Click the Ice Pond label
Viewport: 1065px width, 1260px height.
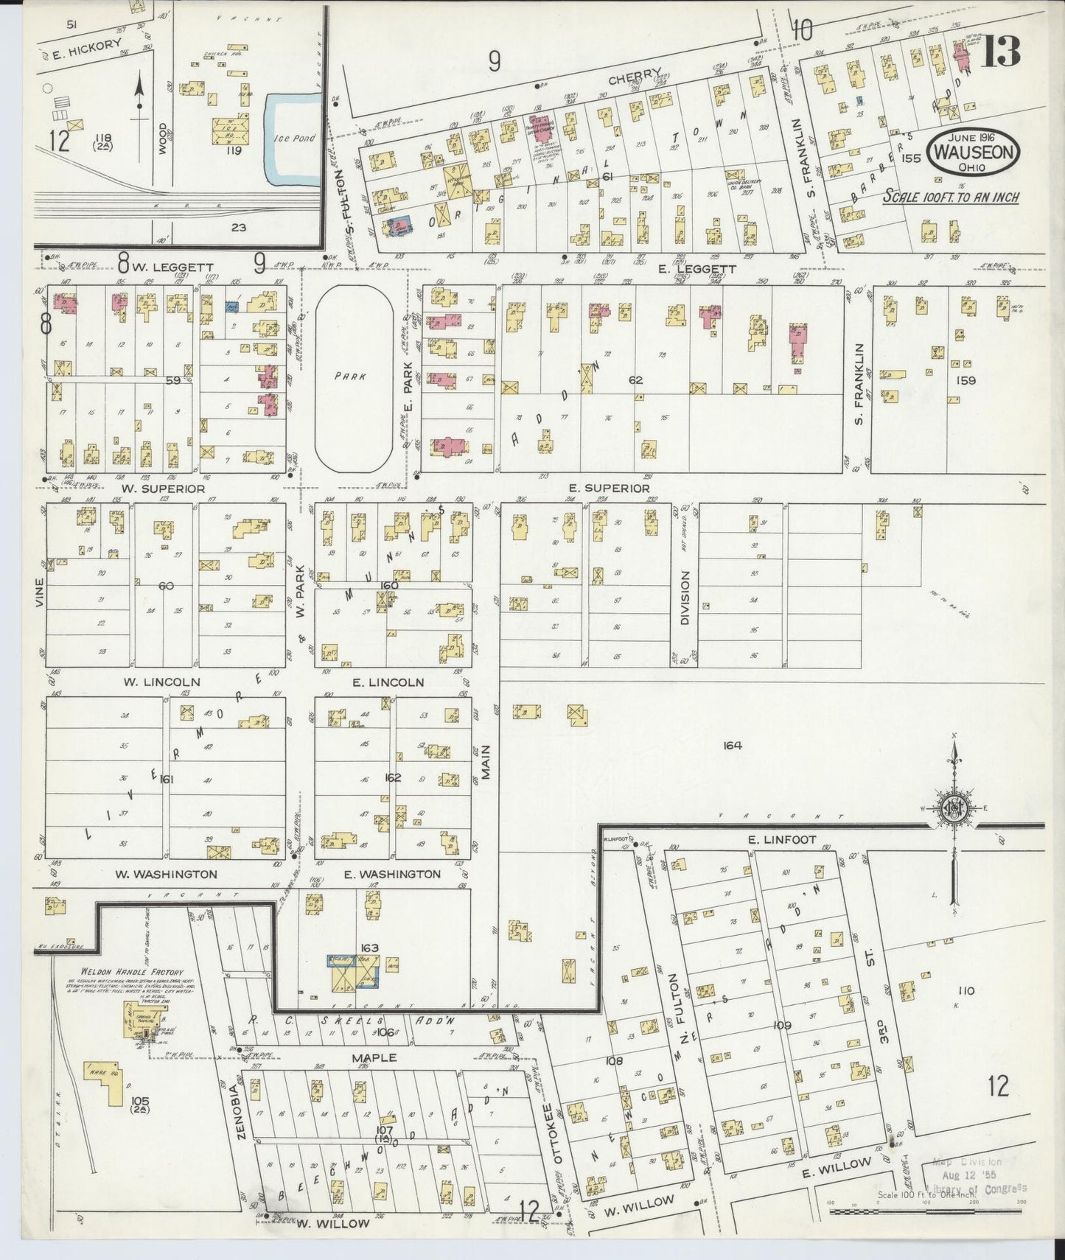click(x=294, y=138)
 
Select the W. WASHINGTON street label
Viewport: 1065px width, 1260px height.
click(x=166, y=874)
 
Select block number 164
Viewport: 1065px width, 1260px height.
click(x=732, y=746)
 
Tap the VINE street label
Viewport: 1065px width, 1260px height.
click(x=39, y=592)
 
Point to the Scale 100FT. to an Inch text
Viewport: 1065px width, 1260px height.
click(x=951, y=197)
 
